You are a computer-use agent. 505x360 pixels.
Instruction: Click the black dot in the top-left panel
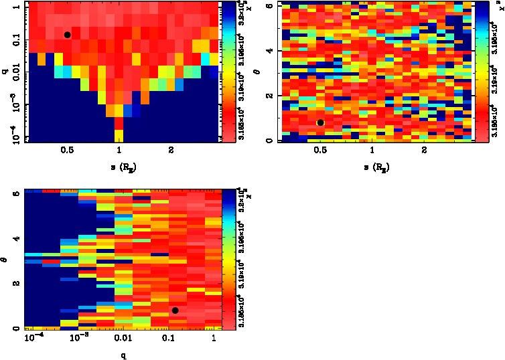click(67, 35)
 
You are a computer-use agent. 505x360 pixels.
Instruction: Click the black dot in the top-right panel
click(321, 122)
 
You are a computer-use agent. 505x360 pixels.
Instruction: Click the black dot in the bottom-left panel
click(175, 310)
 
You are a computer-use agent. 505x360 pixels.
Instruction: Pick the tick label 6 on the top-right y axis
click(267, 5)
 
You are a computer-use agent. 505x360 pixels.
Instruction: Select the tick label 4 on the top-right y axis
click(267, 51)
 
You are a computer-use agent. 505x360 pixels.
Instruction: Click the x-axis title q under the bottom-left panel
click(123, 354)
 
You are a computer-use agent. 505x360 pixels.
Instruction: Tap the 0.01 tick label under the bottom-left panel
click(123, 339)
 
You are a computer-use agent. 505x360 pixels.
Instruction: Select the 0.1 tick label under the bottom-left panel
click(169, 339)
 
